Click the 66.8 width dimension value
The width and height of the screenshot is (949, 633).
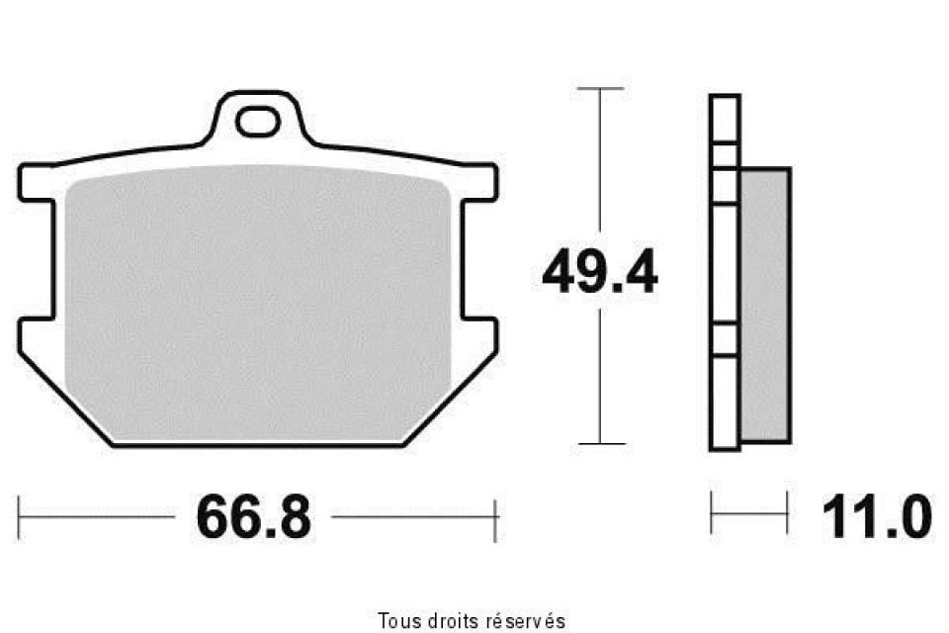click(254, 516)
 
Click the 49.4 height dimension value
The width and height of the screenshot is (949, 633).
click(600, 271)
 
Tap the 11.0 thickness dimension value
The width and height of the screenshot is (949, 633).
click(877, 516)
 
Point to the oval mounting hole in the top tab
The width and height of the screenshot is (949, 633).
click(257, 123)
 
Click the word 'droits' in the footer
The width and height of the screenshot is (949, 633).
click(453, 621)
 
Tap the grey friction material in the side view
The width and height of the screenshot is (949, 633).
click(765, 305)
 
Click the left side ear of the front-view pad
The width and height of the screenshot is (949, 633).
click(37, 182)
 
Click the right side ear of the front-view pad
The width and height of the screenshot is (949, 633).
click(480, 182)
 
